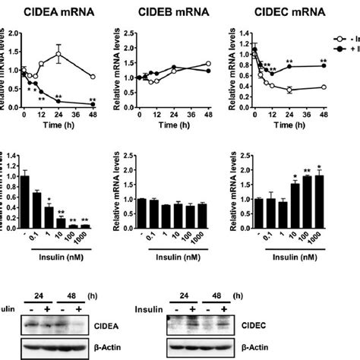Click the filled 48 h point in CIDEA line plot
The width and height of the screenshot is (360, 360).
(93, 103)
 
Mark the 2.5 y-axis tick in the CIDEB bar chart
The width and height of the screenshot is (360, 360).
(127, 153)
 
